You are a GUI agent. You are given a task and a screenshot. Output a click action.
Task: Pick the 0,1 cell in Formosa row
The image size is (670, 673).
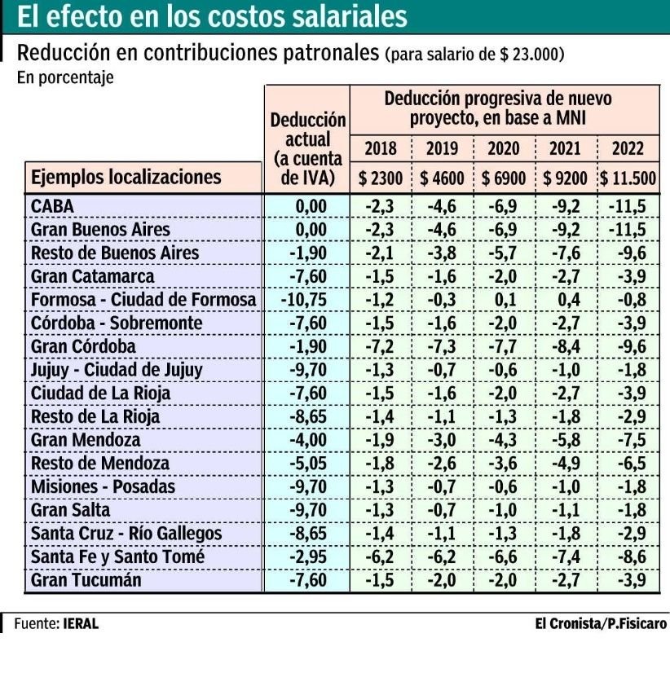505,300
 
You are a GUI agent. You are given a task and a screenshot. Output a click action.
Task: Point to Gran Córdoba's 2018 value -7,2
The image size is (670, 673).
380,346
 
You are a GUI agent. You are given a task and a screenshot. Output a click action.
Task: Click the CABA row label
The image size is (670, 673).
52,206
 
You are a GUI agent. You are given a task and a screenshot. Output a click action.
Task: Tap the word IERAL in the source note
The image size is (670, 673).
81,625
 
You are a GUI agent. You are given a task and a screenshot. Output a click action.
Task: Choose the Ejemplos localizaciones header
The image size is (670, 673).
126,177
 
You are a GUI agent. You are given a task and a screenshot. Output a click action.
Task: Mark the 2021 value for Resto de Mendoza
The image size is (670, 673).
566,464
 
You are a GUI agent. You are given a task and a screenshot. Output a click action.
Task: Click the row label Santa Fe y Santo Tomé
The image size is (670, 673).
117,557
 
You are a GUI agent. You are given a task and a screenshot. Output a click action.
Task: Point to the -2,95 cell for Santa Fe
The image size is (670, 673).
308,557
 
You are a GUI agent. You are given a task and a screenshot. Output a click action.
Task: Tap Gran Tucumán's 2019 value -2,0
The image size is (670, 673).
443,581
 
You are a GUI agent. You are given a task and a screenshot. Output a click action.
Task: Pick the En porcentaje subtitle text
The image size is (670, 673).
64,78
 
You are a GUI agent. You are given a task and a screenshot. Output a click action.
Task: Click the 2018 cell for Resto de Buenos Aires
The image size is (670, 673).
380,253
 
